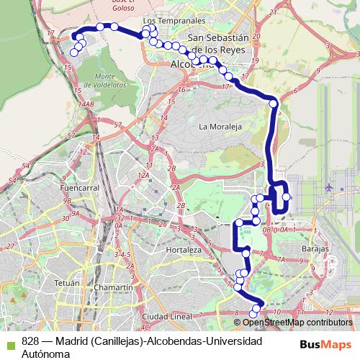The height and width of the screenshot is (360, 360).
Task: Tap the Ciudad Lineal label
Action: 166,316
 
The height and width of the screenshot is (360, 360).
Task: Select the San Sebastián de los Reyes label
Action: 217,42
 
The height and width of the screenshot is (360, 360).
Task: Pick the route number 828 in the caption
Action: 31,341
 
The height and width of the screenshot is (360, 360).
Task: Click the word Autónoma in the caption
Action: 45,354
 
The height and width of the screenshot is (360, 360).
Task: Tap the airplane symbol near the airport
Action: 330,186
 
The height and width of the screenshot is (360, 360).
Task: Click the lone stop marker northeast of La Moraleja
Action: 274,104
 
